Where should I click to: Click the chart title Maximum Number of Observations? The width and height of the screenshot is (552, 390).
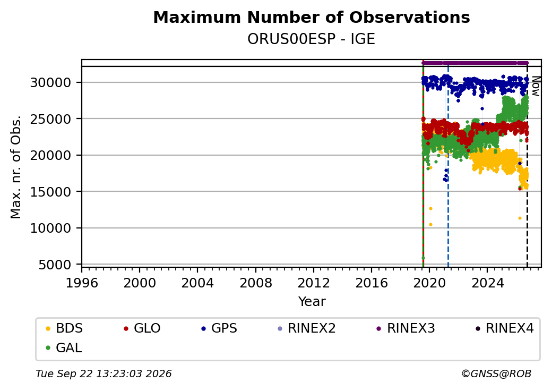tap(312, 17)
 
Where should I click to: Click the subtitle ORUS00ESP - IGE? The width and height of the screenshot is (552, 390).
tap(311, 39)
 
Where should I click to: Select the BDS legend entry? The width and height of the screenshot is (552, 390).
tap(64, 328)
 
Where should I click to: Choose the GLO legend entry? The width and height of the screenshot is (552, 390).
tap(142, 328)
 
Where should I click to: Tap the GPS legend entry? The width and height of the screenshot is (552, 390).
tap(219, 328)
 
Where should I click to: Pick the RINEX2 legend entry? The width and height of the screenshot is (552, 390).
tap(307, 328)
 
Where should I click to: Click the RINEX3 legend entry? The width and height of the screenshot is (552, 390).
tap(406, 328)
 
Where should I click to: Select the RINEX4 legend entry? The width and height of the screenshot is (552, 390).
tap(505, 328)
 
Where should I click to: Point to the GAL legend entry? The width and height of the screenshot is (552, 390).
tap(64, 347)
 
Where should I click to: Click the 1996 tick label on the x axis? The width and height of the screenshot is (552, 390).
tap(82, 283)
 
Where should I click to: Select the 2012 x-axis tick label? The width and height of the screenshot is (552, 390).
tap(314, 283)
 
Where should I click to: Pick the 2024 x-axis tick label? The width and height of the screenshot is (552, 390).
tap(488, 283)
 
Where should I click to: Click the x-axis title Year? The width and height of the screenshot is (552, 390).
tap(312, 302)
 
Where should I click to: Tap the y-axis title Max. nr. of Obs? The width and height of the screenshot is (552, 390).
tap(16, 167)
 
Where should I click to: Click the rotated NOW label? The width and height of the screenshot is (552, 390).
tap(536, 86)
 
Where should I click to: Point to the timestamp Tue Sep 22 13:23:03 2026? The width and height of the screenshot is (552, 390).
tap(103, 374)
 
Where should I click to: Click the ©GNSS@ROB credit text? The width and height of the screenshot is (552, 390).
tap(496, 374)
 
